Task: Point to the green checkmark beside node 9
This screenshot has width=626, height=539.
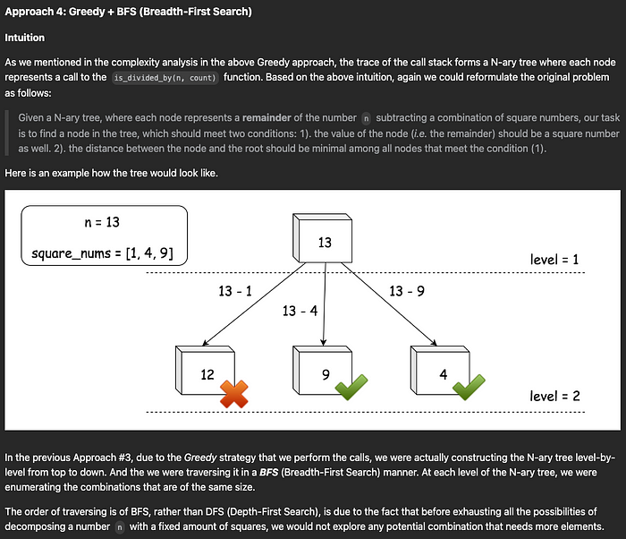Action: tap(349, 389)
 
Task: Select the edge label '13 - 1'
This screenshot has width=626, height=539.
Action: tap(235, 291)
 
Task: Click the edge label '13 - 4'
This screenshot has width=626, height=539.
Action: tap(300, 310)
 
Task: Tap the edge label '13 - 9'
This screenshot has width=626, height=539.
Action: tap(407, 291)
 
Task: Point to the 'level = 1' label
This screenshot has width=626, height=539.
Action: tap(554, 260)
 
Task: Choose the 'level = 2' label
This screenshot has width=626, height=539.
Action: tap(554, 395)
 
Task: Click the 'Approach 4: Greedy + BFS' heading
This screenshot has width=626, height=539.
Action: tap(128, 12)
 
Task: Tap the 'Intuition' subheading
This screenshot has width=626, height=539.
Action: tap(26, 38)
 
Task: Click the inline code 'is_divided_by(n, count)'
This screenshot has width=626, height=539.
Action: tap(169, 79)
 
